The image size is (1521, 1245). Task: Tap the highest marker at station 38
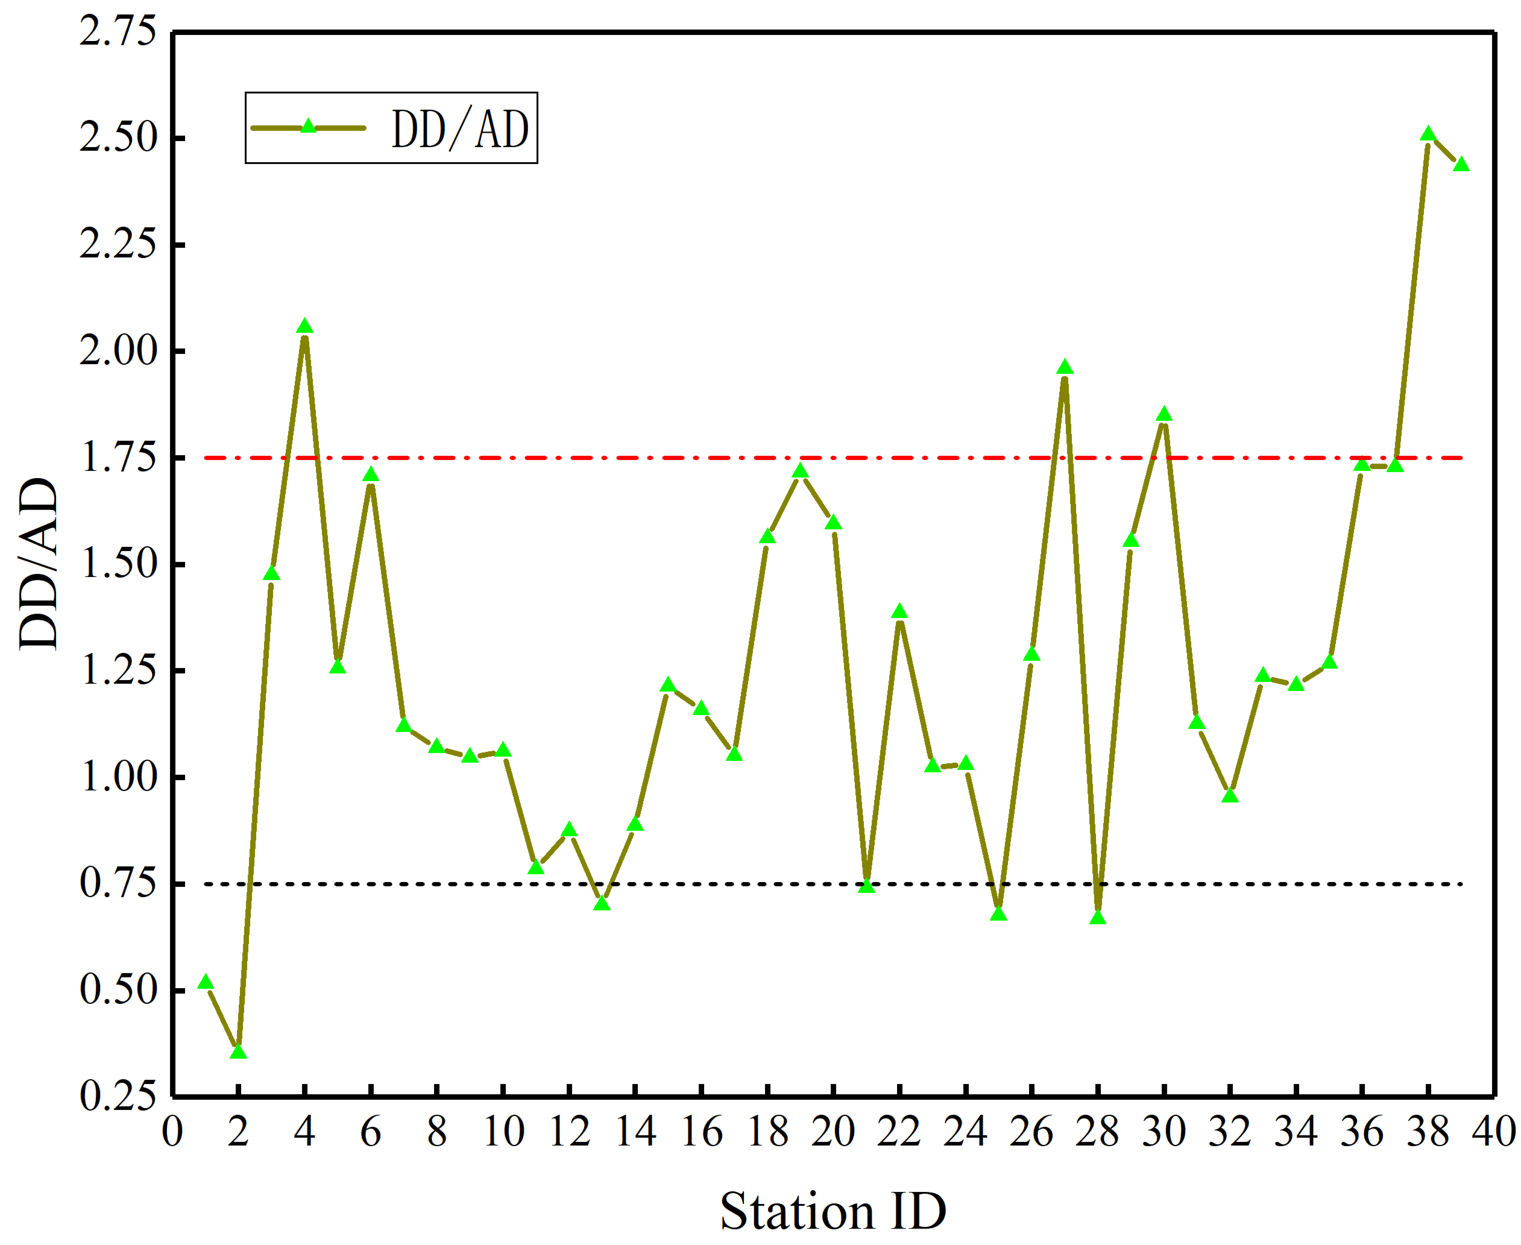tap(1428, 135)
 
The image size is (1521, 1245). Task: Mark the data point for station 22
tap(899, 612)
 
